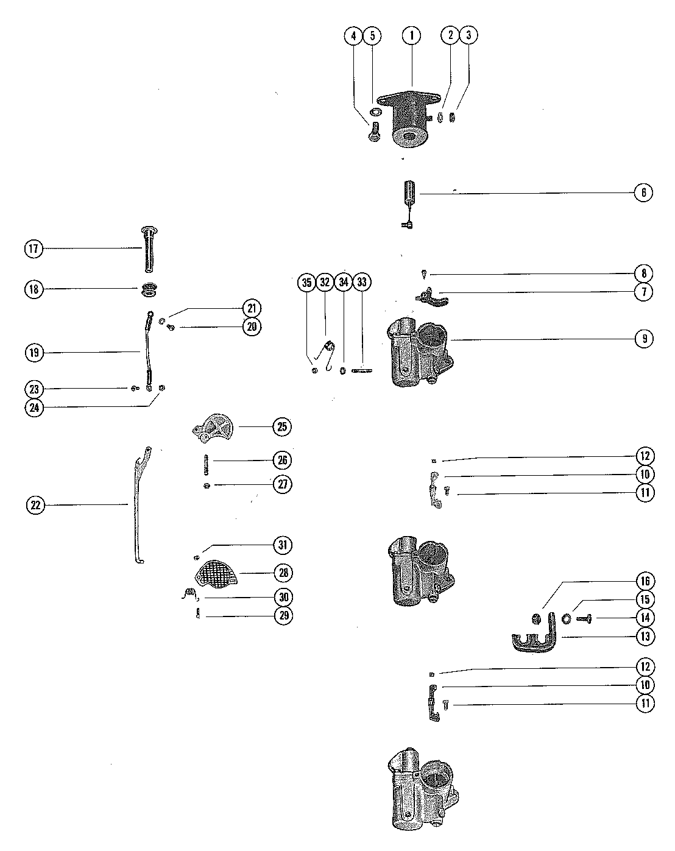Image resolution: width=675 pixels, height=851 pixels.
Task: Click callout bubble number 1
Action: [x=412, y=36]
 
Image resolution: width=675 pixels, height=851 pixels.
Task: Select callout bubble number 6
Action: [x=645, y=192]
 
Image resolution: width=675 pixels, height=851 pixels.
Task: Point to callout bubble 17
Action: [x=34, y=249]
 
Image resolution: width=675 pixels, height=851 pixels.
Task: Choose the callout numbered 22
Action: [x=35, y=504]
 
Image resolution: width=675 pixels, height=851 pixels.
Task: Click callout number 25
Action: [x=282, y=426]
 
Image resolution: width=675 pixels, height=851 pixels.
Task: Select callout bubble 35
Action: [x=306, y=282]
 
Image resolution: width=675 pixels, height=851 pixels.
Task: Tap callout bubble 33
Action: [x=362, y=282]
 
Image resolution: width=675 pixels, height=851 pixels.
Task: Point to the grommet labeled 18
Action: [x=148, y=290]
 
